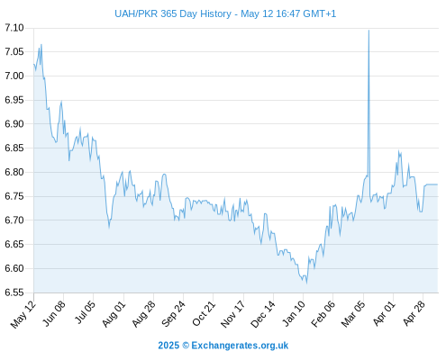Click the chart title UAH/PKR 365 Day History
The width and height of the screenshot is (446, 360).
[x=173, y=13]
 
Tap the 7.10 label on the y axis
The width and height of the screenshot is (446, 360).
[x=14, y=28]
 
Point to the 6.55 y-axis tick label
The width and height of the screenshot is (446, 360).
[x=14, y=292]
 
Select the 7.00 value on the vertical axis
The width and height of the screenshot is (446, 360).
[x=14, y=76]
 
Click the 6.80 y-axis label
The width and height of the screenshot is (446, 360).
[x=14, y=172]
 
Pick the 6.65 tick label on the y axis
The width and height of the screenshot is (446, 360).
[x=14, y=244]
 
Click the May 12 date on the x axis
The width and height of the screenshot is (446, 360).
[x=23, y=314]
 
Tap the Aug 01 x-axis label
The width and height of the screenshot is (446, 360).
[x=114, y=314]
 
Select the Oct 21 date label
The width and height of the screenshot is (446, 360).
[x=204, y=314]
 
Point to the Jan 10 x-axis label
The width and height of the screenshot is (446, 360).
[x=294, y=314]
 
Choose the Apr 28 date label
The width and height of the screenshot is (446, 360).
[x=414, y=314]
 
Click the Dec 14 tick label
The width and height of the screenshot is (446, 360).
[x=263, y=314]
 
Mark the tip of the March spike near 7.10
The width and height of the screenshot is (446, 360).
[x=369, y=30]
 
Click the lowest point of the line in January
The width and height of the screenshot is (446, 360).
[x=306, y=283]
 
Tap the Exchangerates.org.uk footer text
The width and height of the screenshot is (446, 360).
[x=240, y=346]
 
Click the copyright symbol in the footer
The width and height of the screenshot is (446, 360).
[x=186, y=346]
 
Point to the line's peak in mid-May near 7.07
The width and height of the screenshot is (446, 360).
[x=41, y=44]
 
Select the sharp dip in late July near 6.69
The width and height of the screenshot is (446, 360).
[x=109, y=228]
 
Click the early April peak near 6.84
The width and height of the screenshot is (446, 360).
[x=399, y=151]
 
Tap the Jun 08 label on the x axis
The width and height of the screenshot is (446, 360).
[x=53, y=314]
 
